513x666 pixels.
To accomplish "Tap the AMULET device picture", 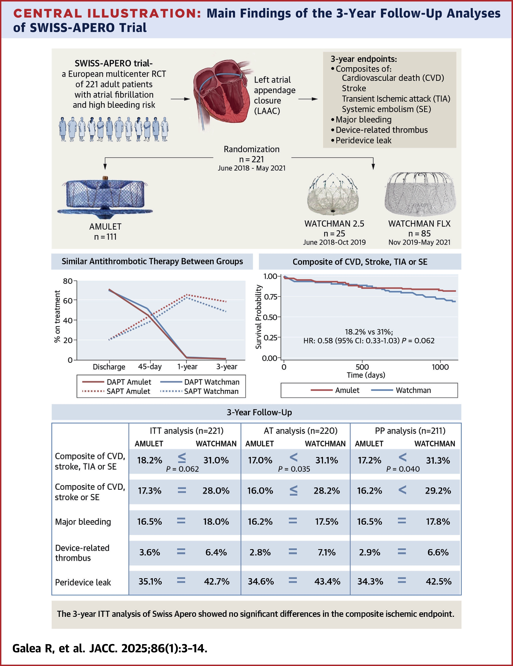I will [105, 197].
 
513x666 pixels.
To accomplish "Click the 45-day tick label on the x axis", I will [149, 367].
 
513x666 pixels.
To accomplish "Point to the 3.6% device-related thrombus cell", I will [149, 552].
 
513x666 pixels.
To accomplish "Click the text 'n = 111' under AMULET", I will [105, 237].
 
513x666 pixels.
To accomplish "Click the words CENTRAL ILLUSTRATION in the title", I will [107, 13].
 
